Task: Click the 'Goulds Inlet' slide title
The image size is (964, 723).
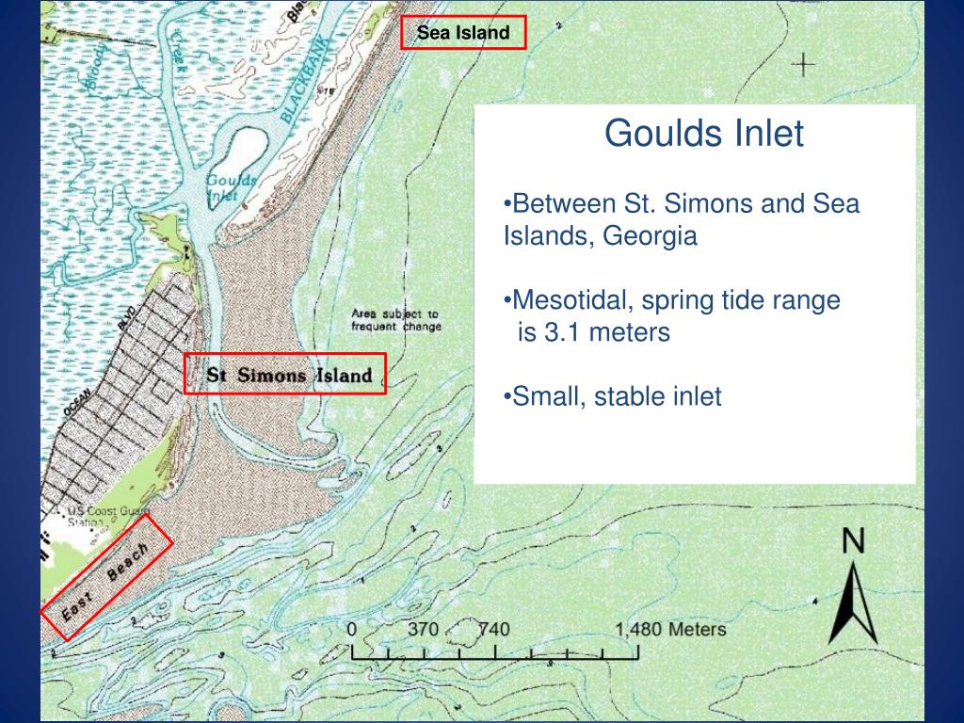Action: point(703,134)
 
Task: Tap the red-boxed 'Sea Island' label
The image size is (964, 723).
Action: point(462,33)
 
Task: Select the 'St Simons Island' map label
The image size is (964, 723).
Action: point(289,375)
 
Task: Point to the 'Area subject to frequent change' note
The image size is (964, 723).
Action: point(395,320)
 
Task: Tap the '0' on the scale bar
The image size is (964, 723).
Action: point(352,629)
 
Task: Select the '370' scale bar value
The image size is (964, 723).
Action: point(423,629)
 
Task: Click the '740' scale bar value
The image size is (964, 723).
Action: point(492,629)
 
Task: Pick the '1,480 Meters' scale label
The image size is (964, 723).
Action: point(670,629)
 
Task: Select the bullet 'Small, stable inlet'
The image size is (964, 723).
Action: point(613,396)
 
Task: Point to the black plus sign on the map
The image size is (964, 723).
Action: point(803,64)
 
